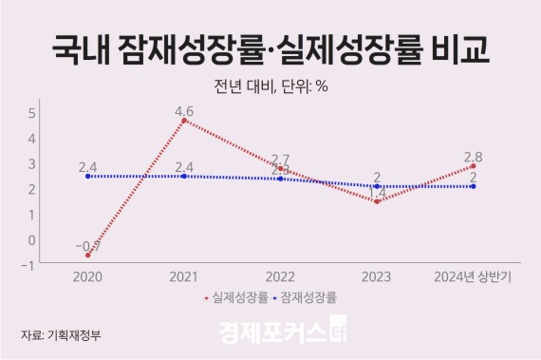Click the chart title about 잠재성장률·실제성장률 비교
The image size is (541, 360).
(x=270, y=48)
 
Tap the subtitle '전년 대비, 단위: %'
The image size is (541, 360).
(x=270, y=85)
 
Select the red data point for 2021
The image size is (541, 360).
(x=184, y=121)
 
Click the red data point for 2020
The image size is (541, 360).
(x=88, y=255)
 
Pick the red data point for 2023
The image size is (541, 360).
(x=377, y=201)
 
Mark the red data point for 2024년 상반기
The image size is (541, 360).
(x=473, y=166)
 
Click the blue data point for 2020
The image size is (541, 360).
(x=88, y=176)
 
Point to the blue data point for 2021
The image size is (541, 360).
(x=184, y=176)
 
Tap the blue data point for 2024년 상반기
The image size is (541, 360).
(x=473, y=186)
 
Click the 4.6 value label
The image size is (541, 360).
(x=184, y=111)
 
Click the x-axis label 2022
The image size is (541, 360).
(x=280, y=276)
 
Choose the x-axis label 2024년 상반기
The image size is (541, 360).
(x=472, y=276)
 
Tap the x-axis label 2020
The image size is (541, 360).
(x=88, y=276)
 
